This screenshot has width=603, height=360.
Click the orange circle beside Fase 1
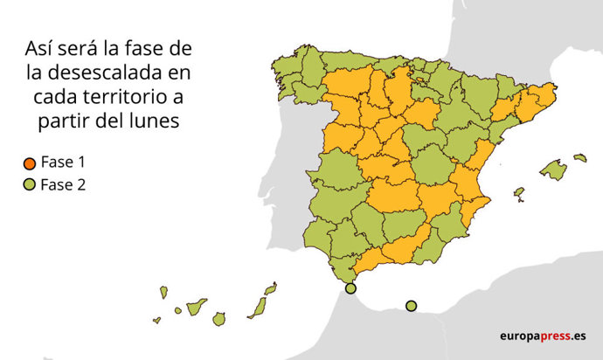pyautogui.click(x=29, y=163)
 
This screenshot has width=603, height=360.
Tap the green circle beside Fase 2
pyautogui.click(x=29, y=184)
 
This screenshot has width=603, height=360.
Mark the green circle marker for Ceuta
pyautogui.click(x=350, y=288)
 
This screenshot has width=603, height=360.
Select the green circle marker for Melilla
pyautogui.click(x=411, y=305)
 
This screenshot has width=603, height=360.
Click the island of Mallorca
pyautogui.click(x=552, y=169)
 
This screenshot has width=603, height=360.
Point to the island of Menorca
pyautogui.click(x=580, y=158)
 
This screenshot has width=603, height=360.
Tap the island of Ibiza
pyautogui.click(x=518, y=191)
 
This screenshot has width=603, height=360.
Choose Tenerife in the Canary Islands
pyautogui.click(x=197, y=306)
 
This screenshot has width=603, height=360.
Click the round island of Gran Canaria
pyautogui.click(x=218, y=319)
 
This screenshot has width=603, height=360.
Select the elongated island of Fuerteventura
pyautogui.click(x=257, y=307)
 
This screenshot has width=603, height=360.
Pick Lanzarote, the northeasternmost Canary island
pyautogui.click(x=271, y=287)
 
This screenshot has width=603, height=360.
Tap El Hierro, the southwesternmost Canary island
pyautogui.click(x=157, y=320)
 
